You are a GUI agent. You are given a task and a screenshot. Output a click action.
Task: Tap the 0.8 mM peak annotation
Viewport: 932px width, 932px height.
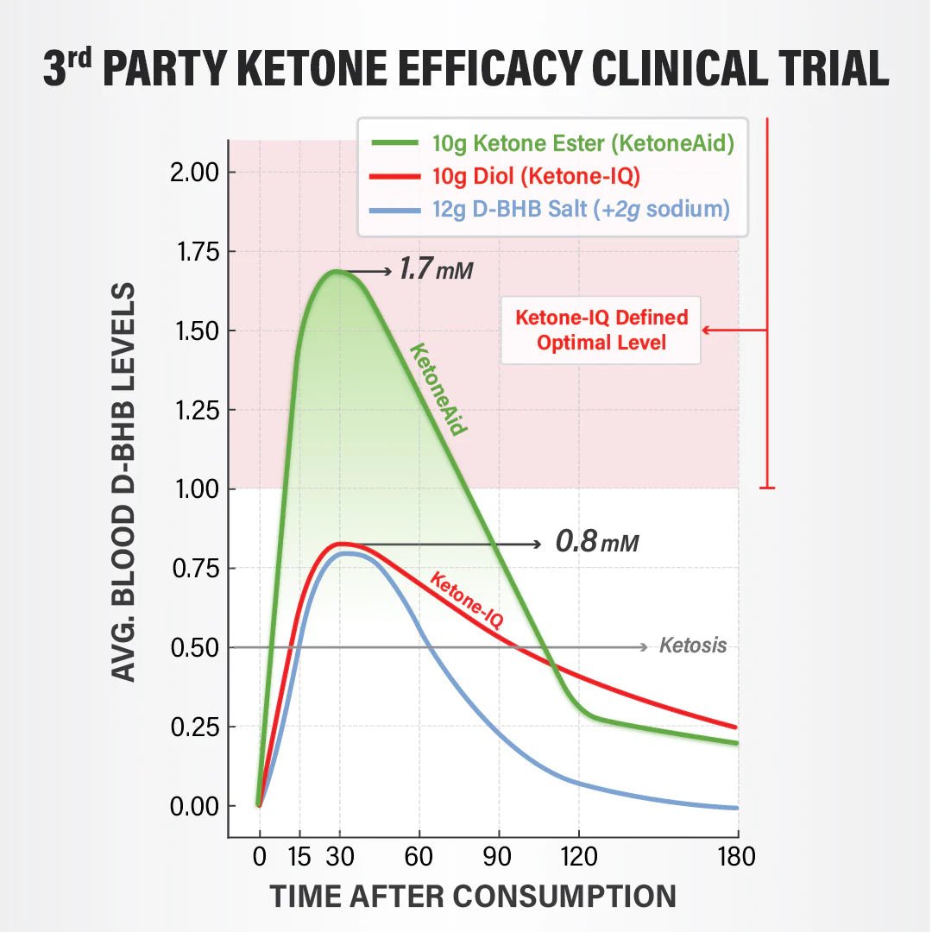(x=596, y=543)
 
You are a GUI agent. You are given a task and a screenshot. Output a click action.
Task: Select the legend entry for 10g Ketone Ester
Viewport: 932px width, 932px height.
(x=582, y=143)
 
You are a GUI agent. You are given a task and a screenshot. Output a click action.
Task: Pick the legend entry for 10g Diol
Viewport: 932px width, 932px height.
(x=535, y=176)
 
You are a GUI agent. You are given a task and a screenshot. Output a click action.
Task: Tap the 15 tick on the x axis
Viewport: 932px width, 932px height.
(x=299, y=857)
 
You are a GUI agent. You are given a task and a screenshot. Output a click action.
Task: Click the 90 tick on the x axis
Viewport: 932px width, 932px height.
(x=499, y=857)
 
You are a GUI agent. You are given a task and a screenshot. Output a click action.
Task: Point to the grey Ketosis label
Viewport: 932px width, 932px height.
(x=693, y=646)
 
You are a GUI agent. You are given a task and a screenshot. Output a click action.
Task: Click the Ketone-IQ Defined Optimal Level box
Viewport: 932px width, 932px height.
(x=601, y=330)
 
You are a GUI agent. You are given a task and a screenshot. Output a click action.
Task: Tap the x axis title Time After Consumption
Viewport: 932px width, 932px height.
(x=472, y=897)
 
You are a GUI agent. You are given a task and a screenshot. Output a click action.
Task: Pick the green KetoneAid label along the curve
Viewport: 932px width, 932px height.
(x=438, y=389)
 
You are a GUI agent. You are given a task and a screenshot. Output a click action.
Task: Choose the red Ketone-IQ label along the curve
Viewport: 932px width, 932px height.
(x=466, y=599)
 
